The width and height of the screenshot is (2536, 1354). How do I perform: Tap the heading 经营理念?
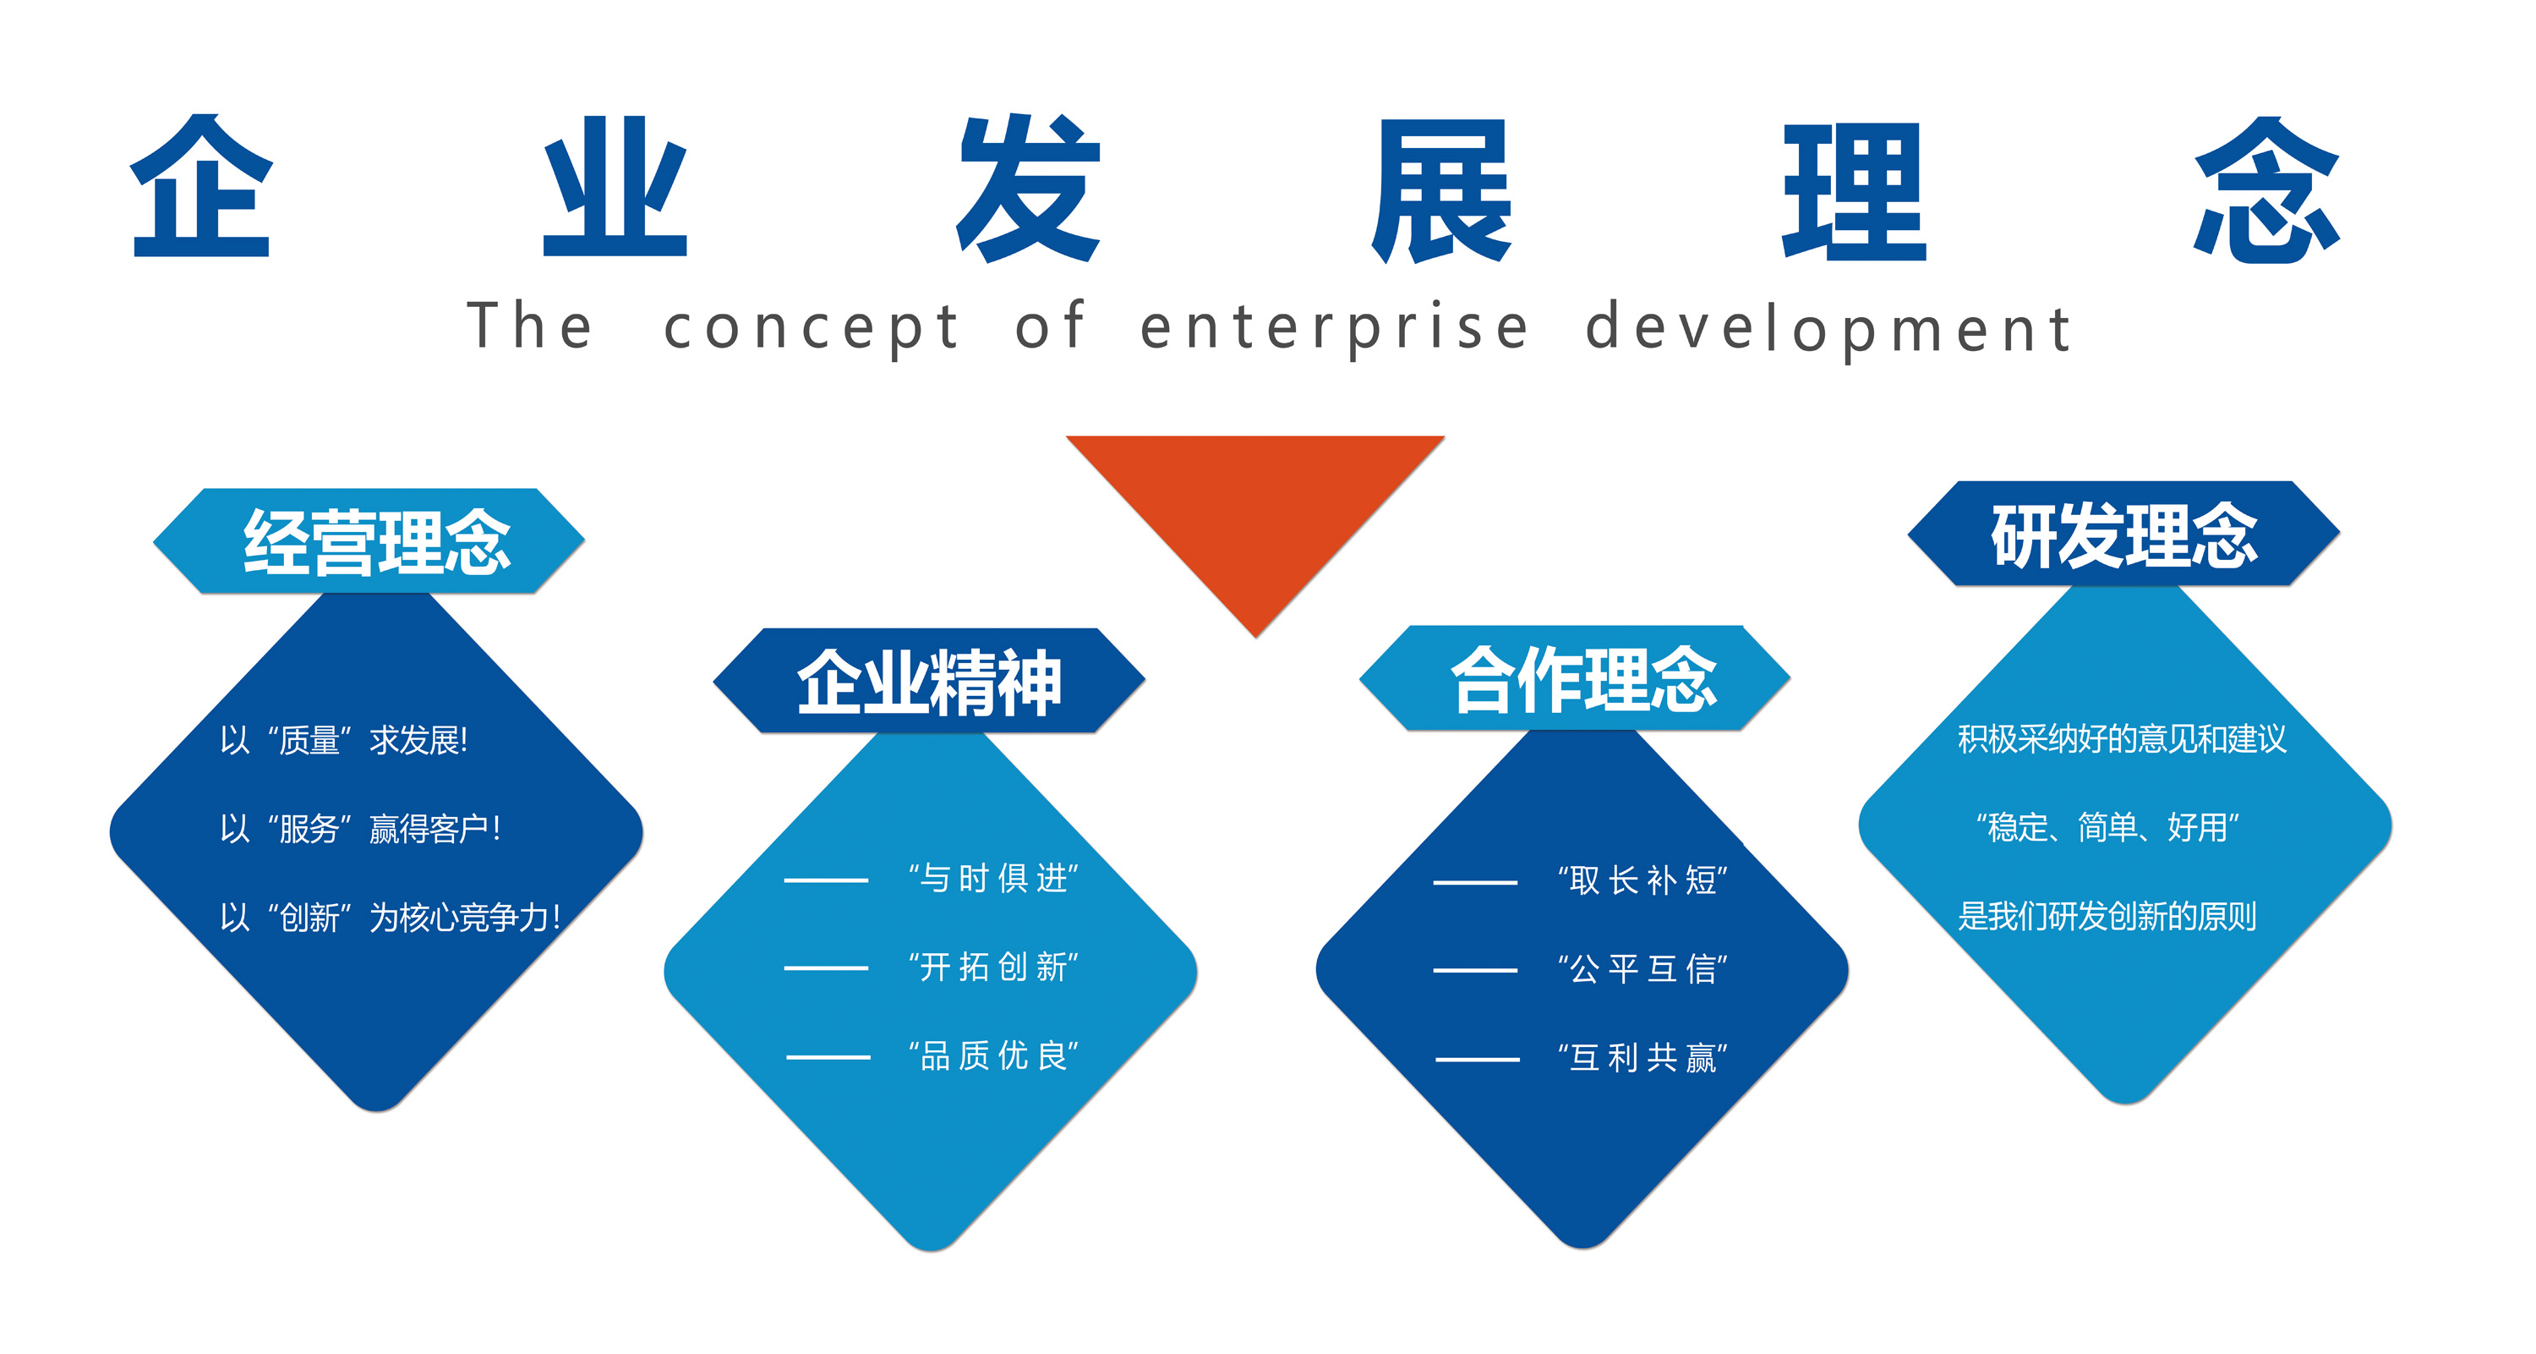377,541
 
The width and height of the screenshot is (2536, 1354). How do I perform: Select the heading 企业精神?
929,682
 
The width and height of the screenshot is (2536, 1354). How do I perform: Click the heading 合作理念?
1583,679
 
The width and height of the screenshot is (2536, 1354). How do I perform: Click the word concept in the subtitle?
812,328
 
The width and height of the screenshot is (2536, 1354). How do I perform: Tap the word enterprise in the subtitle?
1334,328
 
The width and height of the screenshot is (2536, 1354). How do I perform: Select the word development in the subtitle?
1829,328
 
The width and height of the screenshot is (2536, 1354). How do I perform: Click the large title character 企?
202,187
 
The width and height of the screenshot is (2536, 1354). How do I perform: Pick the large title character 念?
2266,189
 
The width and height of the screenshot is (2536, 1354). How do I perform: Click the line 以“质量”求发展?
343,739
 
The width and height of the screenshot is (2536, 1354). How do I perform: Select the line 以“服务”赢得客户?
360,828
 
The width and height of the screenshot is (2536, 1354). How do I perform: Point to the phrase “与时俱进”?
992,877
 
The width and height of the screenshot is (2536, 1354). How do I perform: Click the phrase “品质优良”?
992,1055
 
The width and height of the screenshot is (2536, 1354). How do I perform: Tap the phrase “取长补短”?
1641,880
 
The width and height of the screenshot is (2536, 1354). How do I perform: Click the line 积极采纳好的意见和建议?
2122,738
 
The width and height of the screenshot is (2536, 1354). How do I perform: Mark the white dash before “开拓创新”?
826,968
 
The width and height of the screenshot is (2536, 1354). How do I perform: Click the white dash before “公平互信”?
1475,970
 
